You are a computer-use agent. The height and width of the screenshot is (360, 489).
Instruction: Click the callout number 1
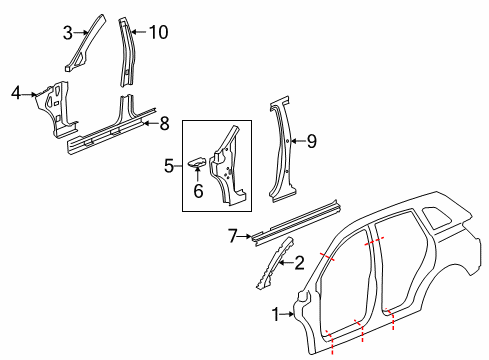tap(277, 316)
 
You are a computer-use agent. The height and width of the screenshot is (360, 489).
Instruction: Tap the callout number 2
tap(298, 264)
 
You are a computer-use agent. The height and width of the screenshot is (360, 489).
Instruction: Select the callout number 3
tap(68, 33)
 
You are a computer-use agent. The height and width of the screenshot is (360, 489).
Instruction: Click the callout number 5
tap(168, 165)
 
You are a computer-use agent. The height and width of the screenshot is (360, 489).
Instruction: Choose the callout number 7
tap(232, 236)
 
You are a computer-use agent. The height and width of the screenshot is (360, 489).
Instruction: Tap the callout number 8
tap(165, 123)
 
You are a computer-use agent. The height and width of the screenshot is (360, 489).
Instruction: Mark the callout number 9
tap(311, 142)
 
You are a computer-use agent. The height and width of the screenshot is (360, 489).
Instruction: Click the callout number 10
tap(158, 32)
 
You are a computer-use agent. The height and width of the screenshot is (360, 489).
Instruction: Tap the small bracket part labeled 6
tap(197, 162)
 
